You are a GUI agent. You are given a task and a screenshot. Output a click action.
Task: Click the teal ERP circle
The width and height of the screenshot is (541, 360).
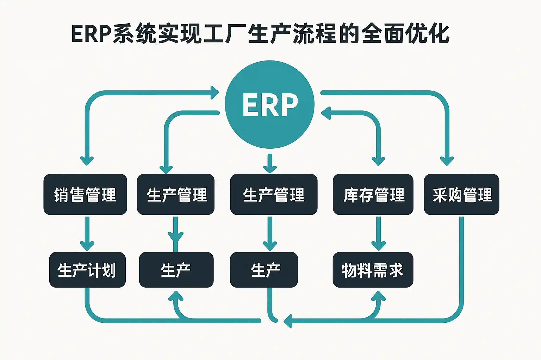(269, 104)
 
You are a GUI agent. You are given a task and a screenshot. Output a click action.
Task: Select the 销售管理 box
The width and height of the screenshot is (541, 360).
(85, 194)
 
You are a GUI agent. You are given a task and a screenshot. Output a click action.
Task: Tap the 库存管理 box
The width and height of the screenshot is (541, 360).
(373, 194)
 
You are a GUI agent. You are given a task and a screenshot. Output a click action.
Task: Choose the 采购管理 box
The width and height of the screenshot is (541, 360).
(461, 194)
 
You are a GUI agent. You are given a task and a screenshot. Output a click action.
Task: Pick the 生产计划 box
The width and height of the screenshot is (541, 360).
(87, 270)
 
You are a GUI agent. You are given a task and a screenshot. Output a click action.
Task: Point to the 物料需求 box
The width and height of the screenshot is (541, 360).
(373, 270)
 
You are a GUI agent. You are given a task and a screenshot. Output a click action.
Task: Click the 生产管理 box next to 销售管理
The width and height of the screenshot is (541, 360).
(176, 194)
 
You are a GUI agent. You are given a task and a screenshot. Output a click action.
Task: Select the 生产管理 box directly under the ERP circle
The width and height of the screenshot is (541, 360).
(274, 194)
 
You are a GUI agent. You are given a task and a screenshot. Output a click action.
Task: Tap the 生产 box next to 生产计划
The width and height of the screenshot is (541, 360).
(176, 270)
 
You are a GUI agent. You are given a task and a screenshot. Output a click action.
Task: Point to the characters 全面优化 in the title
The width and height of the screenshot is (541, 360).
(405, 34)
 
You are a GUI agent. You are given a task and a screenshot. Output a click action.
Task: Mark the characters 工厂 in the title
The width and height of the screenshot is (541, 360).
(225, 34)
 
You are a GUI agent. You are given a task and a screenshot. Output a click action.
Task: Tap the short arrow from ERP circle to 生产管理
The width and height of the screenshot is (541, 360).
(270, 163)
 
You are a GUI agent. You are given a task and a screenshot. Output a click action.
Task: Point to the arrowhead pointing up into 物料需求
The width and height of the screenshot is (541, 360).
(378, 296)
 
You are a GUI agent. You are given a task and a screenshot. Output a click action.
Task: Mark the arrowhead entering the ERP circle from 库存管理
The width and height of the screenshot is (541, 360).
(325, 113)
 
